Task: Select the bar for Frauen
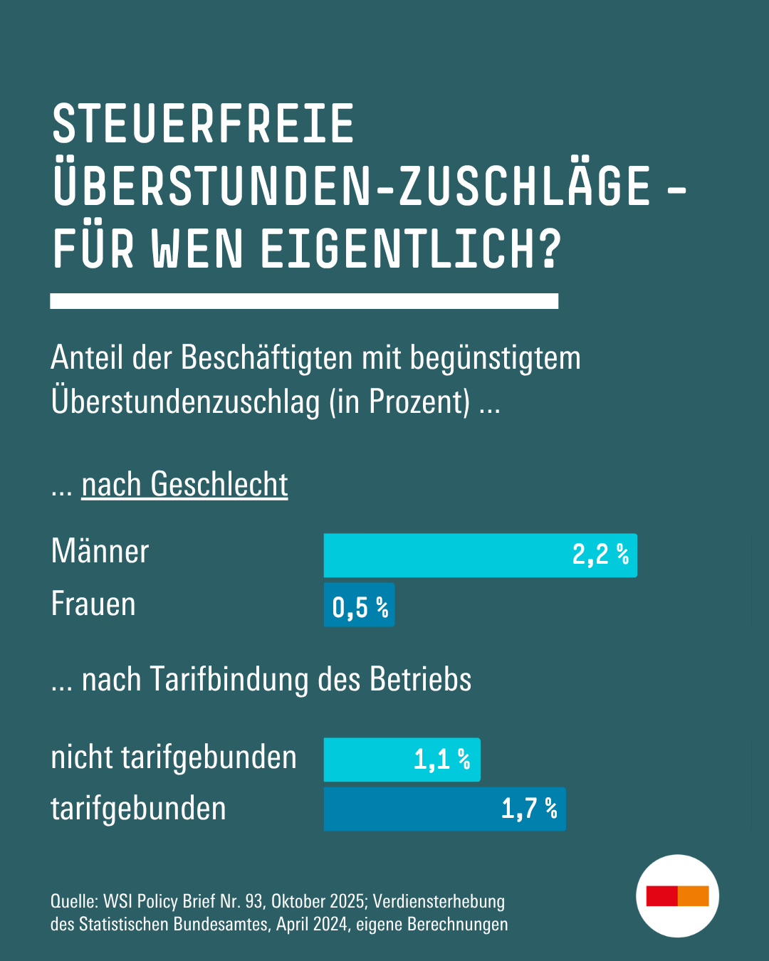coord(359,605)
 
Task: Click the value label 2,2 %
coord(600,554)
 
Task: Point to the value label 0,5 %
coord(360,607)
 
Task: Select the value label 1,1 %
coord(442,760)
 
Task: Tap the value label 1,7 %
coord(529,809)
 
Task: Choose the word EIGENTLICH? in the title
coord(411,250)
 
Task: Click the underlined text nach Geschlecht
coord(184,485)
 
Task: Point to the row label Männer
coord(100,552)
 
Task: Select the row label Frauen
coord(93,604)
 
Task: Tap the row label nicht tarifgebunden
coord(174,757)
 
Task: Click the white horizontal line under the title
coord(304,301)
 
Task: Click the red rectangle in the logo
coord(661,896)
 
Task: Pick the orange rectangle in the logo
coord(693,896)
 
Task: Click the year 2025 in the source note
coord(349,902)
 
